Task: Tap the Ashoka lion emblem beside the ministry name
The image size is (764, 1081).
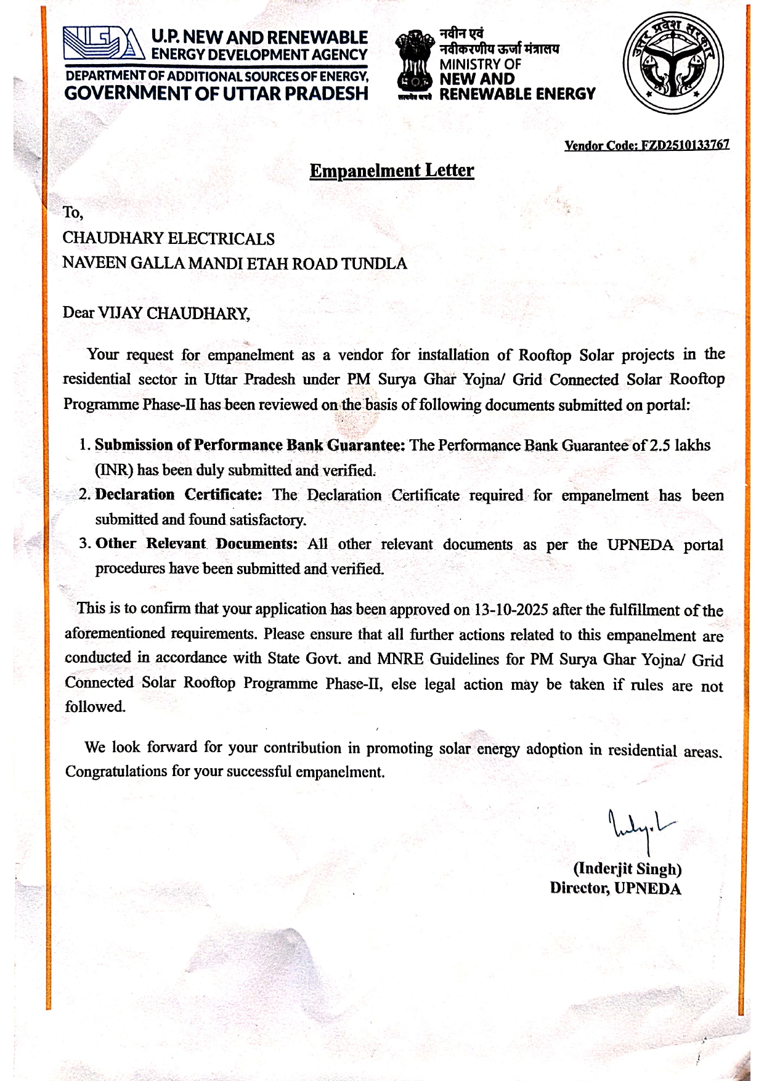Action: [x=414, y=65]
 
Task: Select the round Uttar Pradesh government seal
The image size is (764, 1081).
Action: [x=673, y=63]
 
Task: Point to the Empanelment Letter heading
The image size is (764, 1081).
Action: [x=391, y=171]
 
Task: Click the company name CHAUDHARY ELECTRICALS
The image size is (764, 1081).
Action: [x=168, y=238]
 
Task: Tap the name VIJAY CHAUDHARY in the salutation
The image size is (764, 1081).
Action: [x=173, y=313]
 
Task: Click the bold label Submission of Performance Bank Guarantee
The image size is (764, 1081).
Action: [x=249, y=445]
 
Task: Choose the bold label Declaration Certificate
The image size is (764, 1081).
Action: [x=179, y=495]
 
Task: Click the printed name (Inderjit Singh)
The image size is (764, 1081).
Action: [x=627, y=869]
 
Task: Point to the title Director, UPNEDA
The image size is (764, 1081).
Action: [x=615, y=888]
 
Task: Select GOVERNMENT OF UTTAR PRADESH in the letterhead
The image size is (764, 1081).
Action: [x=216, y=94]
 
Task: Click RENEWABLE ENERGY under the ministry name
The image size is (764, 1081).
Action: [x=517, y=94]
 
